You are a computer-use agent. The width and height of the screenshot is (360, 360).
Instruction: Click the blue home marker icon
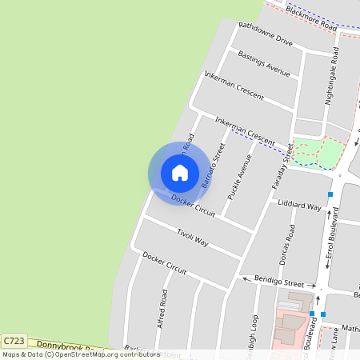pyautogui.click(x=180, y=173)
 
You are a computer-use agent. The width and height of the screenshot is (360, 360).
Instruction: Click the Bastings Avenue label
pyautogui.click(x=264, y=64)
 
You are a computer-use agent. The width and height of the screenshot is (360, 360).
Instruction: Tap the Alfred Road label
pyautogui.click(x=163, y=308)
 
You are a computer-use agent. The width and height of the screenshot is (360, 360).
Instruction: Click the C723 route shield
pyautogui.click(x=14, y=340)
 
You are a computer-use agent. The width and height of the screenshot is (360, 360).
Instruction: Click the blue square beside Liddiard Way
pyautogui.click(x=330, y=194)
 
